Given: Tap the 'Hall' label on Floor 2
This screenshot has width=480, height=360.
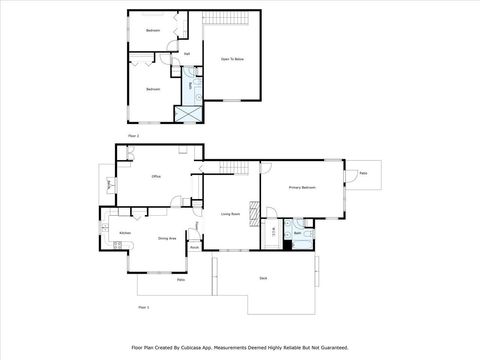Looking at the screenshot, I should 187,54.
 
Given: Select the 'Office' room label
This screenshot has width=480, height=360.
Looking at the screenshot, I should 156,177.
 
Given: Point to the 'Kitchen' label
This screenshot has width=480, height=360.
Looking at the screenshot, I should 125,233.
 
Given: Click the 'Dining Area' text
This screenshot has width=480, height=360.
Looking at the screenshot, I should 167,238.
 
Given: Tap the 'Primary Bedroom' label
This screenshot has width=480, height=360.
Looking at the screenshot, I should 302,187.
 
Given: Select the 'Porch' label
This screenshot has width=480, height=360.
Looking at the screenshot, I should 194,247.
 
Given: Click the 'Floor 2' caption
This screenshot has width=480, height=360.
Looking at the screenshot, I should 132,134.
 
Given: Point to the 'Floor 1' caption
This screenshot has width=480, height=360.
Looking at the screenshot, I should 144,307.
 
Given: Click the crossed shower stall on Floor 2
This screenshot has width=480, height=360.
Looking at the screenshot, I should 186,112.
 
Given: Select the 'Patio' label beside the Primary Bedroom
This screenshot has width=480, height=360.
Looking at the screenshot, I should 363,173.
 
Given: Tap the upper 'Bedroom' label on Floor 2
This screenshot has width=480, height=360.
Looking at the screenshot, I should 152,31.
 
